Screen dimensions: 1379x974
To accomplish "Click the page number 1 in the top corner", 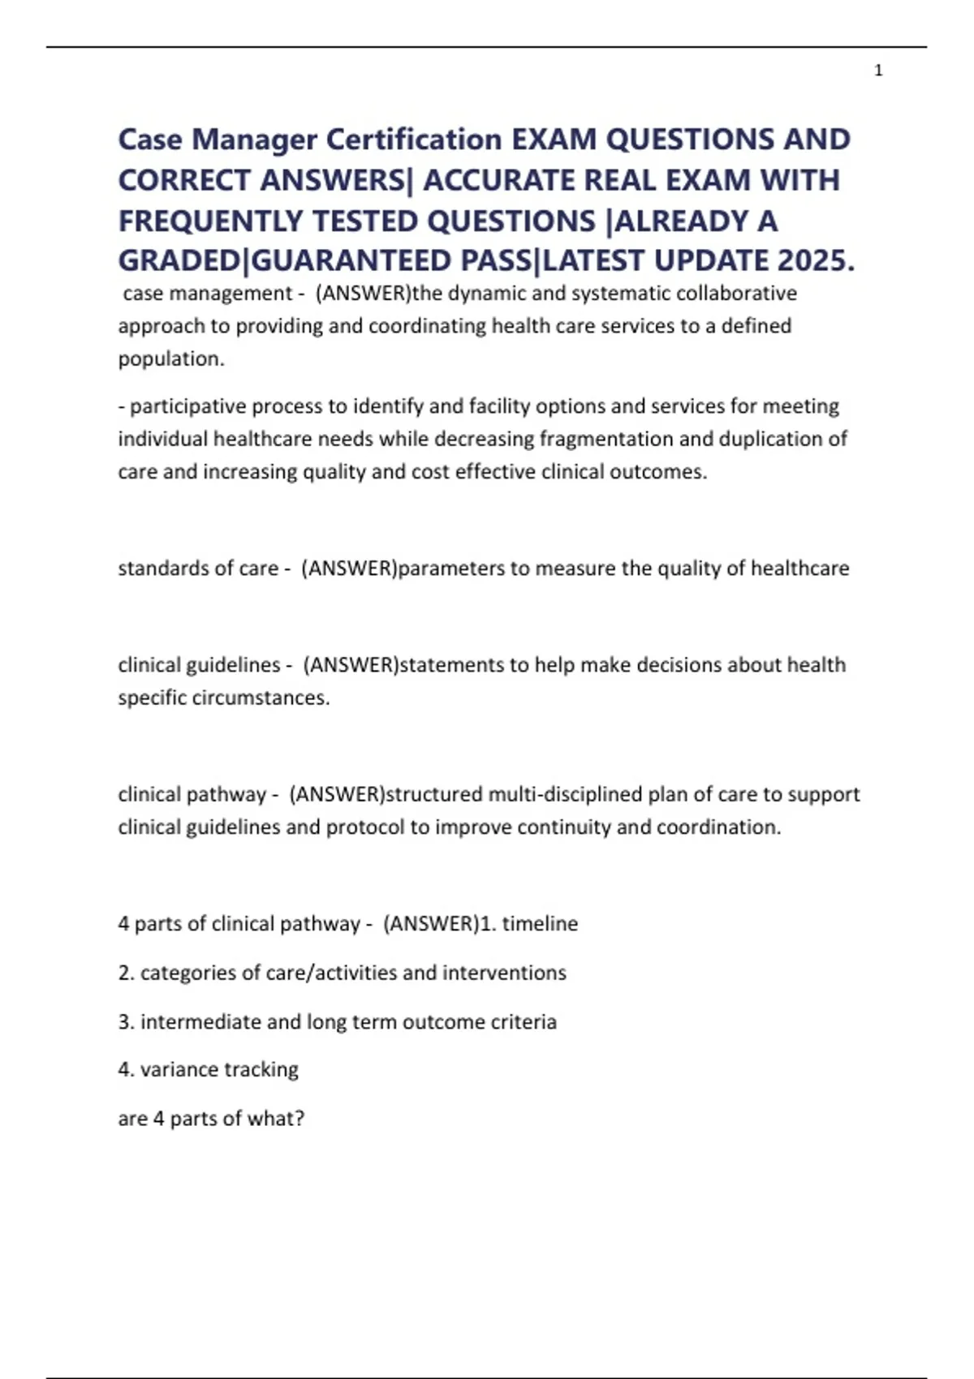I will (x=878, y=71).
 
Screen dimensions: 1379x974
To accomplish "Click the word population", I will (x=170, y=359).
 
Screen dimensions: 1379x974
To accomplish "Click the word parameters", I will (x=451, y=568).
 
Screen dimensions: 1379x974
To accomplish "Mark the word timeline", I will (x=540, y=923).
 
